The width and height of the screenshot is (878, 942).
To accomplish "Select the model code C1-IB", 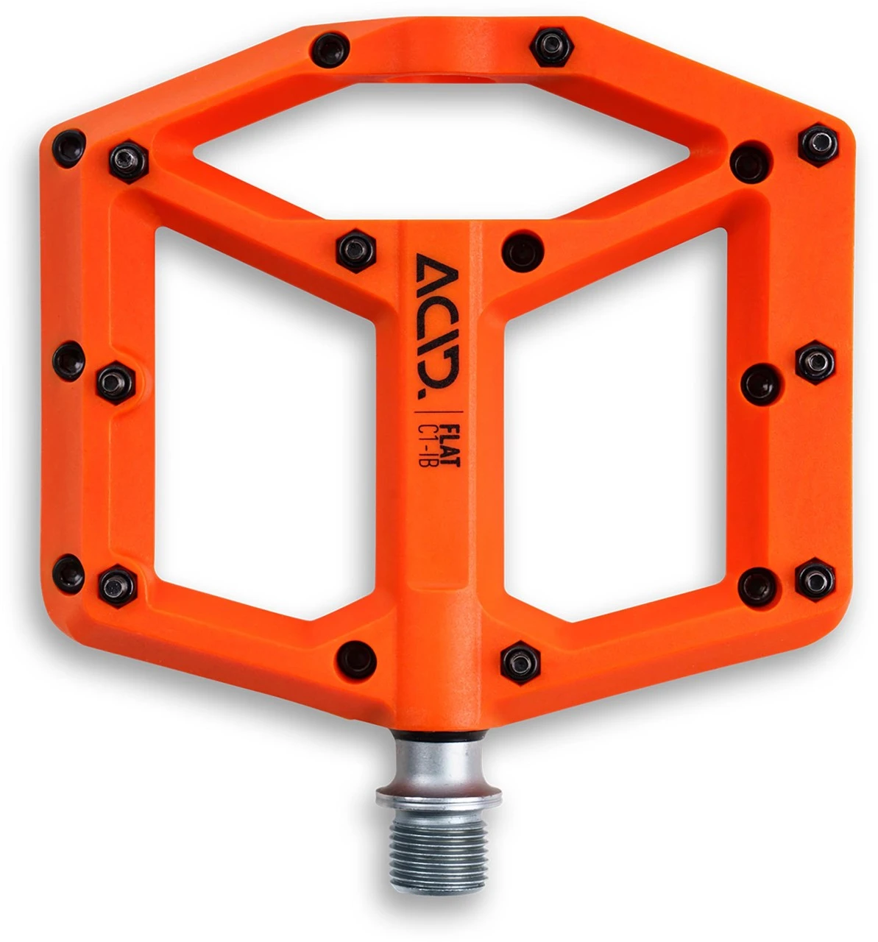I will click(x=431, y=441).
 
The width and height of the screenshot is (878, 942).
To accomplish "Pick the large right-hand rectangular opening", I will click(x=615, y=419).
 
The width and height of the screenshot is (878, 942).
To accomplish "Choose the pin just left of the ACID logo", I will click(x=356, y=250).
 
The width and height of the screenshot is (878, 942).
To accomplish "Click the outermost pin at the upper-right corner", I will click(x=818, y=144).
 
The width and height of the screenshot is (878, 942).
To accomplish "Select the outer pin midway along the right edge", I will click(x=815, y=361).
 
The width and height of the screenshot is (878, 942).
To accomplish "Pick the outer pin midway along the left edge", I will click(x=69, y=361).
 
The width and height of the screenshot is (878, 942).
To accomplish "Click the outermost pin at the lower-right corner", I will click(x=815, y=578).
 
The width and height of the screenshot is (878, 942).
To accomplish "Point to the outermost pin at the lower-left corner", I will click(x=69, y=573).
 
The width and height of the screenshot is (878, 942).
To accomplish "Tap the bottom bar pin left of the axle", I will click(x=356, y=657).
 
